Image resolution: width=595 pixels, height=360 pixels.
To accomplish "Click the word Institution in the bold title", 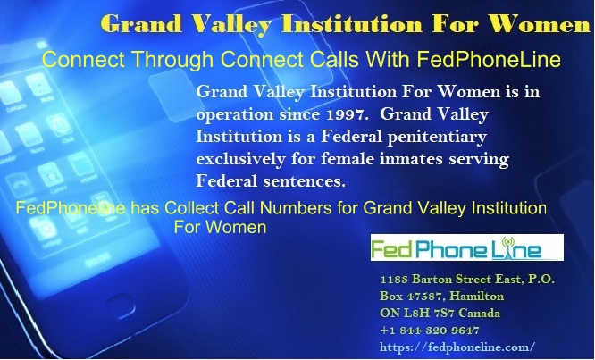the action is coord(351,24).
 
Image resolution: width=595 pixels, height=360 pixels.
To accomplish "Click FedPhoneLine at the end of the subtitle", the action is coord(489,60).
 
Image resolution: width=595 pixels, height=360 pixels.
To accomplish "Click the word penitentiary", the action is coord(437,138).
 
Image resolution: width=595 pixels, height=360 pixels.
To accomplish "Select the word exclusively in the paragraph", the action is coord(240,159).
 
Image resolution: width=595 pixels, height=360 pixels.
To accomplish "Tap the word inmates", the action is coord(411,159).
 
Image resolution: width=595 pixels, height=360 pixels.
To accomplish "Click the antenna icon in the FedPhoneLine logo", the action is coord(507,248).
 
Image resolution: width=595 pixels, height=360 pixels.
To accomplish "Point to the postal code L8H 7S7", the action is coord(429,314).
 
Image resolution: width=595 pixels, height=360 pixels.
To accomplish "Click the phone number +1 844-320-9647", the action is coord(430,331).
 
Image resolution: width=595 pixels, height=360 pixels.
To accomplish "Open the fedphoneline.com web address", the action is coord(457,347).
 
